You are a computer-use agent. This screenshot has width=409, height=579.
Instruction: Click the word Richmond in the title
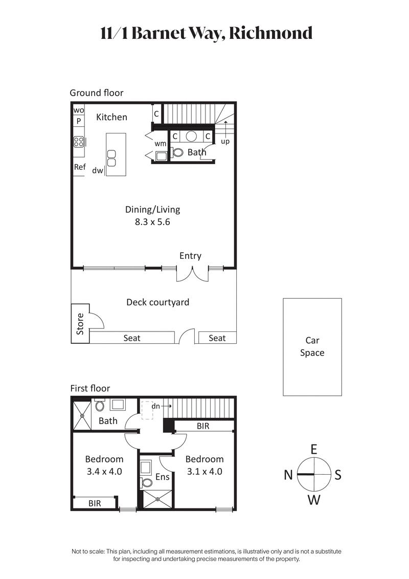270,33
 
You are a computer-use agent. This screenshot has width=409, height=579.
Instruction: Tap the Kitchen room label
111,117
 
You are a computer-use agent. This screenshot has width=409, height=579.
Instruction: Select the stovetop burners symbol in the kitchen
78,141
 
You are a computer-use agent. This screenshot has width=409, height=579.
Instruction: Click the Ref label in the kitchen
80,167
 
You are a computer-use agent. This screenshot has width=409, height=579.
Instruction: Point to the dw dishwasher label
98,171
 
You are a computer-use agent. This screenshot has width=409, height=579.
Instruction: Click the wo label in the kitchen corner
78,110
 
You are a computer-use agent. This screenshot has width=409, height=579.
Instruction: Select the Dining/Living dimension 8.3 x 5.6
152,222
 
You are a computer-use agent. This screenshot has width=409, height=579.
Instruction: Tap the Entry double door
192,274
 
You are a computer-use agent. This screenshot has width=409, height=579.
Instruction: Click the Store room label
80,324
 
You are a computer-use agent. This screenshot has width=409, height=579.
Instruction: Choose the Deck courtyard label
157,302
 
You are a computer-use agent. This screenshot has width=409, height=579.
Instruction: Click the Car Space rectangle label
312,347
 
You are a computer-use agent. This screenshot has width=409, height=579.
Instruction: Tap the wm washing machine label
160,144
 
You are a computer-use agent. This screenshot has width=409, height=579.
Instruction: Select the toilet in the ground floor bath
178,152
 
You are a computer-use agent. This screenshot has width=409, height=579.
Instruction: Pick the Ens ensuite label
162,477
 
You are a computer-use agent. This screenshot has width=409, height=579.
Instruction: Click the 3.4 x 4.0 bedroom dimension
104,472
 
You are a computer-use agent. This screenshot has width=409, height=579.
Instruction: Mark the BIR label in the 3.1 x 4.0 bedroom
203,426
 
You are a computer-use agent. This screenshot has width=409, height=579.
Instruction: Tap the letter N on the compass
288,476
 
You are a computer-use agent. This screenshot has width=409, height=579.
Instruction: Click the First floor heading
90,388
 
